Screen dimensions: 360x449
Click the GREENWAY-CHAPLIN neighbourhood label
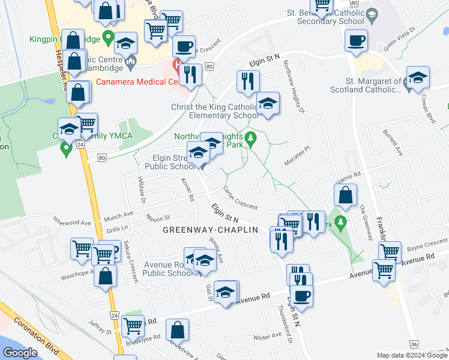(x=210, y=230)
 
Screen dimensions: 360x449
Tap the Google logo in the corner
(x=20, y=352)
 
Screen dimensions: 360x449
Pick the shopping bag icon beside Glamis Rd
(x=345, y=196)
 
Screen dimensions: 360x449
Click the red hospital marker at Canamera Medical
(x=177, y=64)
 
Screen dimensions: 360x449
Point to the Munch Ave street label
(x=118, y=214)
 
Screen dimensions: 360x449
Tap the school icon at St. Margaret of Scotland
(x=418, y=78)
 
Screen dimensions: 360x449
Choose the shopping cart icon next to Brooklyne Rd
(x=133, y=326)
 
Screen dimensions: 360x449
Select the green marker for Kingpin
(x=108, y=39)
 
